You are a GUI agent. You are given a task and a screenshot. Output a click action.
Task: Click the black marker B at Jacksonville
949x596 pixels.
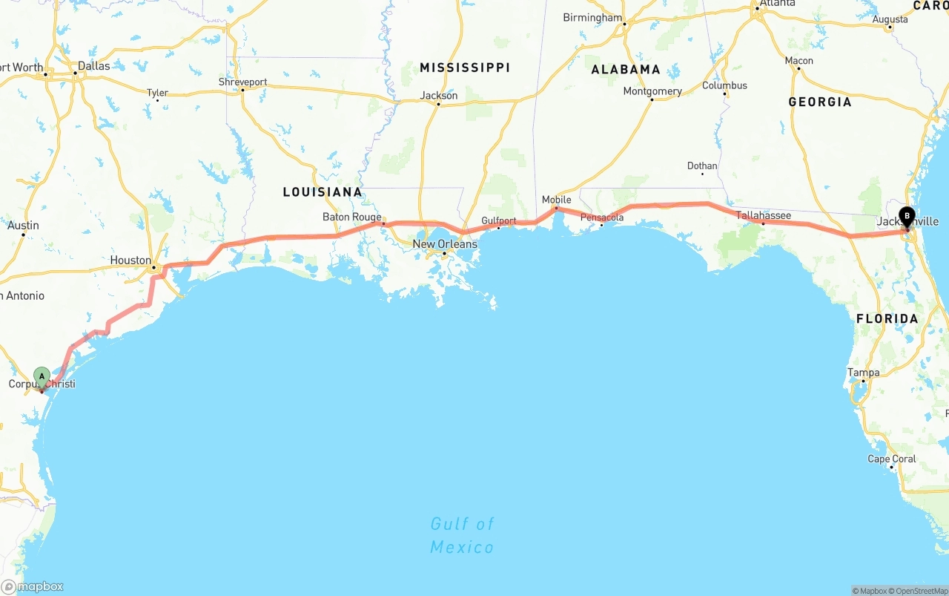click(x=906, y=217)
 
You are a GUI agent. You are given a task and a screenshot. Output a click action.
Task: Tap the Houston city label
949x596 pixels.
click(x=130, y=261)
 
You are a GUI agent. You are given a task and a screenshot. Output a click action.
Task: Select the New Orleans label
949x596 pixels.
click(x=445, y=244)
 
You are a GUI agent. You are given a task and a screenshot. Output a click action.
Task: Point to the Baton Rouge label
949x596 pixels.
click(x=351, y=217)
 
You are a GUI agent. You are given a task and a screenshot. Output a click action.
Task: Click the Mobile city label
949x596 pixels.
click(x=556, y=200)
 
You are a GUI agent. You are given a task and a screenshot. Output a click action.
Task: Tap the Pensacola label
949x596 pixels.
click(x=602, y=217)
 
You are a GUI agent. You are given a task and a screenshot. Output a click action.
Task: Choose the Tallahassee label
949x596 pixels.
click(x=763, y=216)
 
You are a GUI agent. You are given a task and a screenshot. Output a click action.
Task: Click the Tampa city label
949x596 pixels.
click(x=864, y=373)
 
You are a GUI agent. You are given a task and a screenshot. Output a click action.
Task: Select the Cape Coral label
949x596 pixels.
click(x=892, y=459)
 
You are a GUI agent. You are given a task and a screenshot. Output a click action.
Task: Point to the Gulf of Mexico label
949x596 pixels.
click(x=462, y=536)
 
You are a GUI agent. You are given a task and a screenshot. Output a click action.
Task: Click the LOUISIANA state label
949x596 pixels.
click(x=323, y=192)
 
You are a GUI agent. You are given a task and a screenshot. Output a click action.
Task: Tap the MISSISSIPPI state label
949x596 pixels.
click(x=465, y=68)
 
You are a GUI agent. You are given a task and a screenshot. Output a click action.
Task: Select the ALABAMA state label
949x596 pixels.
click(x=626, y=70)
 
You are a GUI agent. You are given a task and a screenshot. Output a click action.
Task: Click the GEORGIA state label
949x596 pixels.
click(x=820, y=102)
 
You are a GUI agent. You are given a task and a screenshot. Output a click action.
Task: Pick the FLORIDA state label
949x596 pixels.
click(x=887, y=318)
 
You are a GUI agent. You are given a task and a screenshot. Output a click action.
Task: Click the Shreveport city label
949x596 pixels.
click(x=242, y=82)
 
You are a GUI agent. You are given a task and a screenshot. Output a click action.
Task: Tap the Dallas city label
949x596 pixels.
click(x=93, y=66)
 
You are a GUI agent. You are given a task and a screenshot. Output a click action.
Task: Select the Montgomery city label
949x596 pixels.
click(x=652, y=91)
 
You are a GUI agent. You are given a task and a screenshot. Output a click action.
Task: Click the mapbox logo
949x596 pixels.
click(x=33, y=586)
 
